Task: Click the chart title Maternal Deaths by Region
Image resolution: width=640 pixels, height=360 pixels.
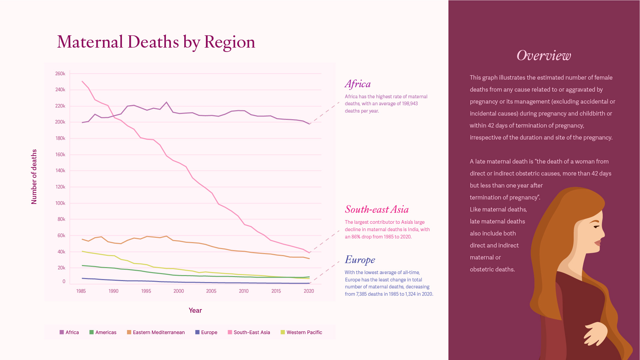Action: (156, 42)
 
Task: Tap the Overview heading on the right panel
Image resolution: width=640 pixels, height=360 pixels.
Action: (543, 56)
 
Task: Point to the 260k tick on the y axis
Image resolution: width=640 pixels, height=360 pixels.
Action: (60, 74)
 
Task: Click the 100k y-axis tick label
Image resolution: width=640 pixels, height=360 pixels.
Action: (60, 203)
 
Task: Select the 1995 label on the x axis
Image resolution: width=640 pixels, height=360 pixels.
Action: (146, 291)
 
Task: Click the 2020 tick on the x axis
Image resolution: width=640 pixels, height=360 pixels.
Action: (309, 291)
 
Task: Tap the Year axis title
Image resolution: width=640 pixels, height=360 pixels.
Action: (195, 310)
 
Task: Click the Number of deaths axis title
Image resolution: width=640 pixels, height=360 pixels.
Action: (34, 177)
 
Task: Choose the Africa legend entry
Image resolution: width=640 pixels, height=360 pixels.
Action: (69, 332)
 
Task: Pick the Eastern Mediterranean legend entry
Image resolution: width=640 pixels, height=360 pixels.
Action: (156, 332)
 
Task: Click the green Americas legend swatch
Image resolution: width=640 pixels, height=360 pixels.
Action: (92, 332)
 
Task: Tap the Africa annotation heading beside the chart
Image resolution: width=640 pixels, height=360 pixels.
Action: (357, 84)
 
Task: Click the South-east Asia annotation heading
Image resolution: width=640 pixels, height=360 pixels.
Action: (376, 209)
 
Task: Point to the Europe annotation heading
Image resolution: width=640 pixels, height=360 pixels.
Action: (360, 260)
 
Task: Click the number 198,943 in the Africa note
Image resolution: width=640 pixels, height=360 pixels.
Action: (410, 104)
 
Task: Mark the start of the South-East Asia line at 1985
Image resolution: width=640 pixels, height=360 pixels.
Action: (82, 81)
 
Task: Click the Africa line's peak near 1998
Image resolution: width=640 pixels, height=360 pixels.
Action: (167, 102)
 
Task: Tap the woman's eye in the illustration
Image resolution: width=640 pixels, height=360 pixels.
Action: (596, 227)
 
